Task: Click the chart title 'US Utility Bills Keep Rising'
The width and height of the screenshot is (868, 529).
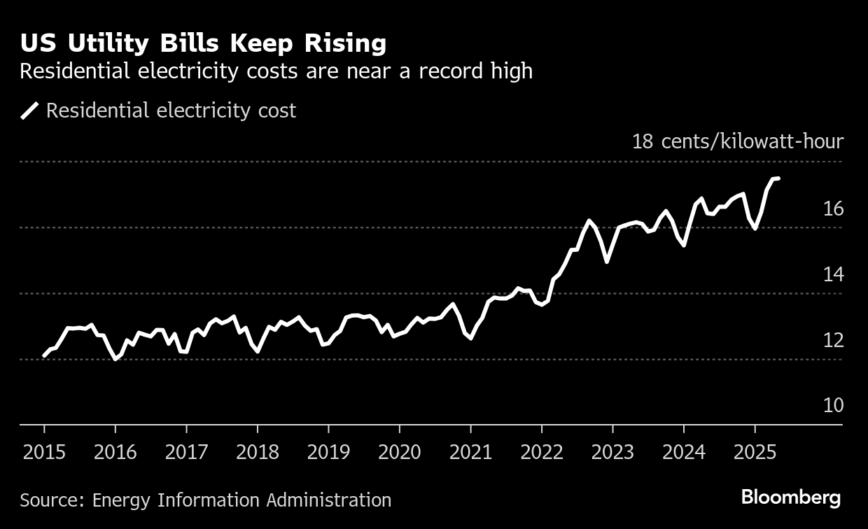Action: point(203,43)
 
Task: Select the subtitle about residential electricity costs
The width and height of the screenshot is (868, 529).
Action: point(276,71)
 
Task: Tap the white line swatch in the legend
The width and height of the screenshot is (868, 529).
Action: point(29,111)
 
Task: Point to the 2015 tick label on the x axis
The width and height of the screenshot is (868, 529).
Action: point(44,452)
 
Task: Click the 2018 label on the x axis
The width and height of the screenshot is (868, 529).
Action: point(257,452)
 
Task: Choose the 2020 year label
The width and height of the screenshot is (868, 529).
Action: point(399,452)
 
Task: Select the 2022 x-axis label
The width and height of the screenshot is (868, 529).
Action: point(541,452)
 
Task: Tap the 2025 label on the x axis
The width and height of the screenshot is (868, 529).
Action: point(754,452)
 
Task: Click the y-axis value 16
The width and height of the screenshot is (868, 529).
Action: point(833,209)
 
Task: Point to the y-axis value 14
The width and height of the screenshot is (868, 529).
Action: point(833,274)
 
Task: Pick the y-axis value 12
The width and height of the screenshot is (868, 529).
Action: point(833,340)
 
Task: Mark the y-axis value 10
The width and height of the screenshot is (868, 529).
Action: point(833,406)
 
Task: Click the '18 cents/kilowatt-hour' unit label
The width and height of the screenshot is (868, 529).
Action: point(738,141)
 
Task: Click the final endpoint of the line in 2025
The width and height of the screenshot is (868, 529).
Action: point(778,179)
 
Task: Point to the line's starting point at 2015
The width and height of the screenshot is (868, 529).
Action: point(44,355)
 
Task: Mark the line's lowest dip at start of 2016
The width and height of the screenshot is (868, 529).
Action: point(115,359)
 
